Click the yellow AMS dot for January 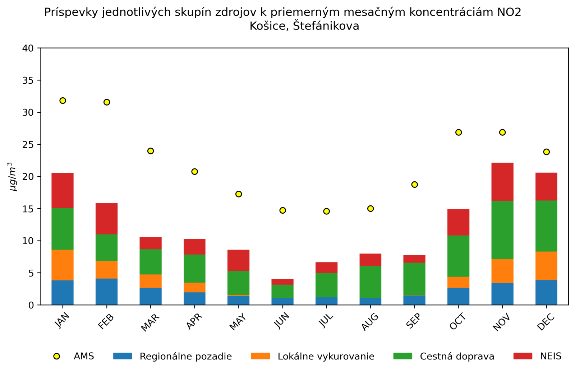click(x=63, y=101)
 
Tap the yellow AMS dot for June click(x=282, y=210)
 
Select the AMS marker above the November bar click(x=502, y=132)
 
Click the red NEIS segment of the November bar click(x=502, y=182)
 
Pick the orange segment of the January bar click(x=63, y=265)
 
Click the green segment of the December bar click(x=546, y=226)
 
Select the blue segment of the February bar click(x=106, y=292)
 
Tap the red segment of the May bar click(x=238, y=260)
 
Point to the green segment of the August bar click(x=371, y=282)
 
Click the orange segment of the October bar click(x=458, y=282)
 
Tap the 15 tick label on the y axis click(x=28, y=209)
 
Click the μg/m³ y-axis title click(x=13, y=176)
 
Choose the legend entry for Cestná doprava click(x=457, y=356)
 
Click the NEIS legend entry click(x=550, y=356)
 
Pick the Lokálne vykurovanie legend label click(x=326, y=356)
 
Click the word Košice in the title click(x=270, y=26)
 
